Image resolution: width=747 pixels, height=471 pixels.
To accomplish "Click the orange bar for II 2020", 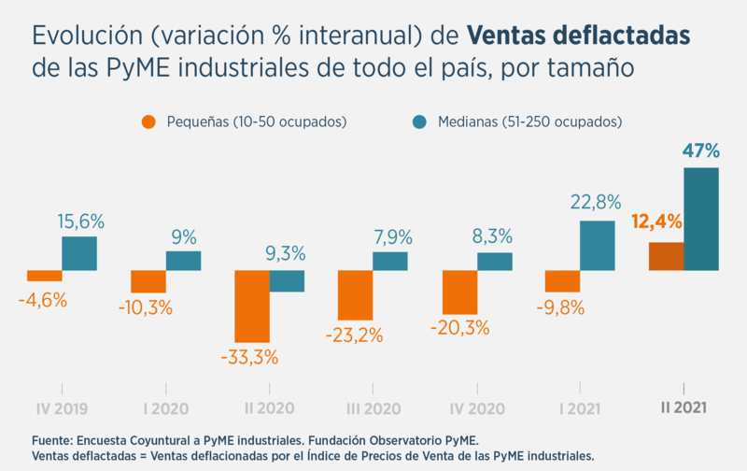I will [252, 306].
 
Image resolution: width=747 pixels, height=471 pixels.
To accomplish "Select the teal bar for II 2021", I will [701, 219].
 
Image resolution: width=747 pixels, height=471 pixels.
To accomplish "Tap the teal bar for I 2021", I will [598, 245].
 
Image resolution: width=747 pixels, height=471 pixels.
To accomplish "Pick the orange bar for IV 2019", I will [45, 276].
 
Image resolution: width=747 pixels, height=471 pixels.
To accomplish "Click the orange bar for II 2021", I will [667, 256].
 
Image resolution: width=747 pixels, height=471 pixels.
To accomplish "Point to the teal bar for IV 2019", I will [79, 253].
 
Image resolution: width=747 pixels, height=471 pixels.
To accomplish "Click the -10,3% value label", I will [148, 307].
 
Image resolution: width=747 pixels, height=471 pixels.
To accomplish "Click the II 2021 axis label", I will [684, 408].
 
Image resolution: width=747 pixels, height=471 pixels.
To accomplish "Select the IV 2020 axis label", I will [476, 408].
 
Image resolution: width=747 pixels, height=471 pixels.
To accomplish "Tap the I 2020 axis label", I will [166, 408].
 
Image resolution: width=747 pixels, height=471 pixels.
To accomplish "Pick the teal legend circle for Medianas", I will [419, 121].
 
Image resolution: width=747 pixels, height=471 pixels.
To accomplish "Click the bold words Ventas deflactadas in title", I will [579, 36].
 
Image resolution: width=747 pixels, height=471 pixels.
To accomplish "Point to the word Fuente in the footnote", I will [54, 440].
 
